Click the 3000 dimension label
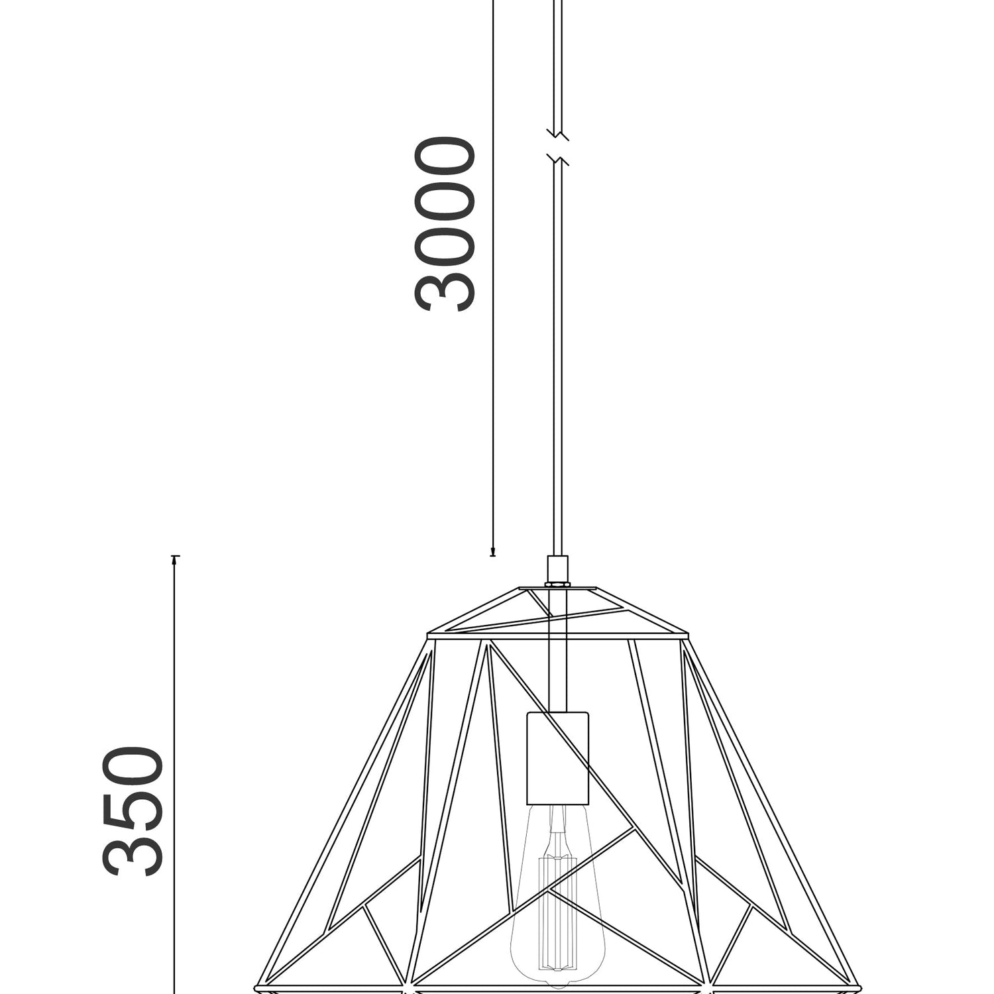[445, 224]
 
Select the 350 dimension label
[133, 811]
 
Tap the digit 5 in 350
[133, 811]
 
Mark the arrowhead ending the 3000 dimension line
[492, 551]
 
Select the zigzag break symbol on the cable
[558, 146]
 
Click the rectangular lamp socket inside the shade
[557, 758]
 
